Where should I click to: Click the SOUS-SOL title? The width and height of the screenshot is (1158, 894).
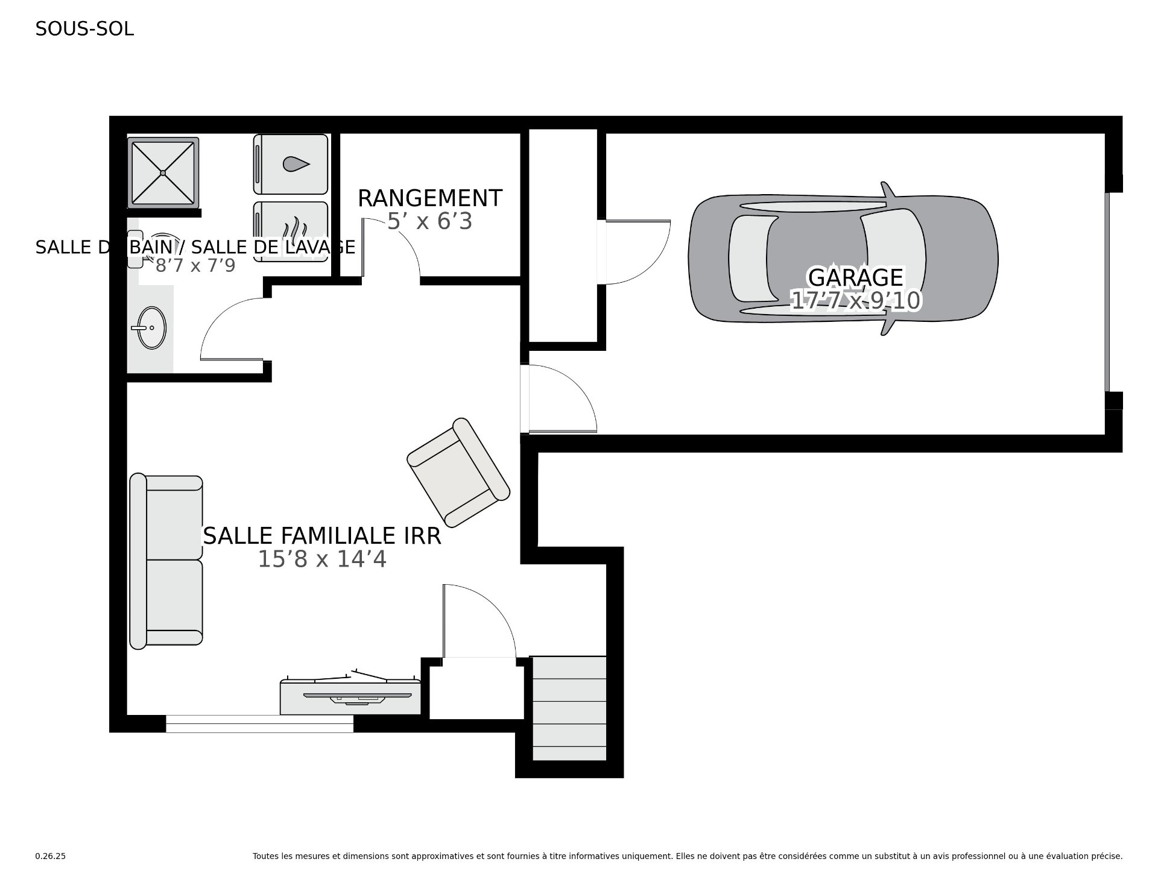click(84, 29)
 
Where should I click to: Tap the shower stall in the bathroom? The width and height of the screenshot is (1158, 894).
click(163, 172)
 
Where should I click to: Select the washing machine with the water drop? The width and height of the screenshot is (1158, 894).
click(291, 165)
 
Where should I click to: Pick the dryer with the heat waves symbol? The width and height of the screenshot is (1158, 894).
click(291, 231)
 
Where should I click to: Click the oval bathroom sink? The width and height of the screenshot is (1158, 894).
click(151, 327)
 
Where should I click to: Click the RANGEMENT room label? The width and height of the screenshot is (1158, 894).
click(429, 198)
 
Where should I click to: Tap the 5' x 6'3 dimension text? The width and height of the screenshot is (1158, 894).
click(429, 222)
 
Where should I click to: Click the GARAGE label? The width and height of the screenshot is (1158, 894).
click(855, 277)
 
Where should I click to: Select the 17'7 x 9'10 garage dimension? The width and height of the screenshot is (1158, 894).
click(855, 300)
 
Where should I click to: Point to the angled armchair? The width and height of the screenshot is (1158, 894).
click(458, 471)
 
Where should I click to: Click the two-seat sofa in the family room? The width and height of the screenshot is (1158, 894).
click(166, 561)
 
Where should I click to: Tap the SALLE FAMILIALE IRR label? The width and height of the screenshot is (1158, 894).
click(322, 536)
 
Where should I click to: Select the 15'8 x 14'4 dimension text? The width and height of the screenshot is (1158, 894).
click(322, 559)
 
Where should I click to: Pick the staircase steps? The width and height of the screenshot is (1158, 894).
click(569, 708)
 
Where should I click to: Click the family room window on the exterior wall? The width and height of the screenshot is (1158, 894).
click(259, 723)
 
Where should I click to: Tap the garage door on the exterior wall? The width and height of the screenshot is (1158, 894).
click(1107, 292)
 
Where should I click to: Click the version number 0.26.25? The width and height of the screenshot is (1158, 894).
click(51, 856)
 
